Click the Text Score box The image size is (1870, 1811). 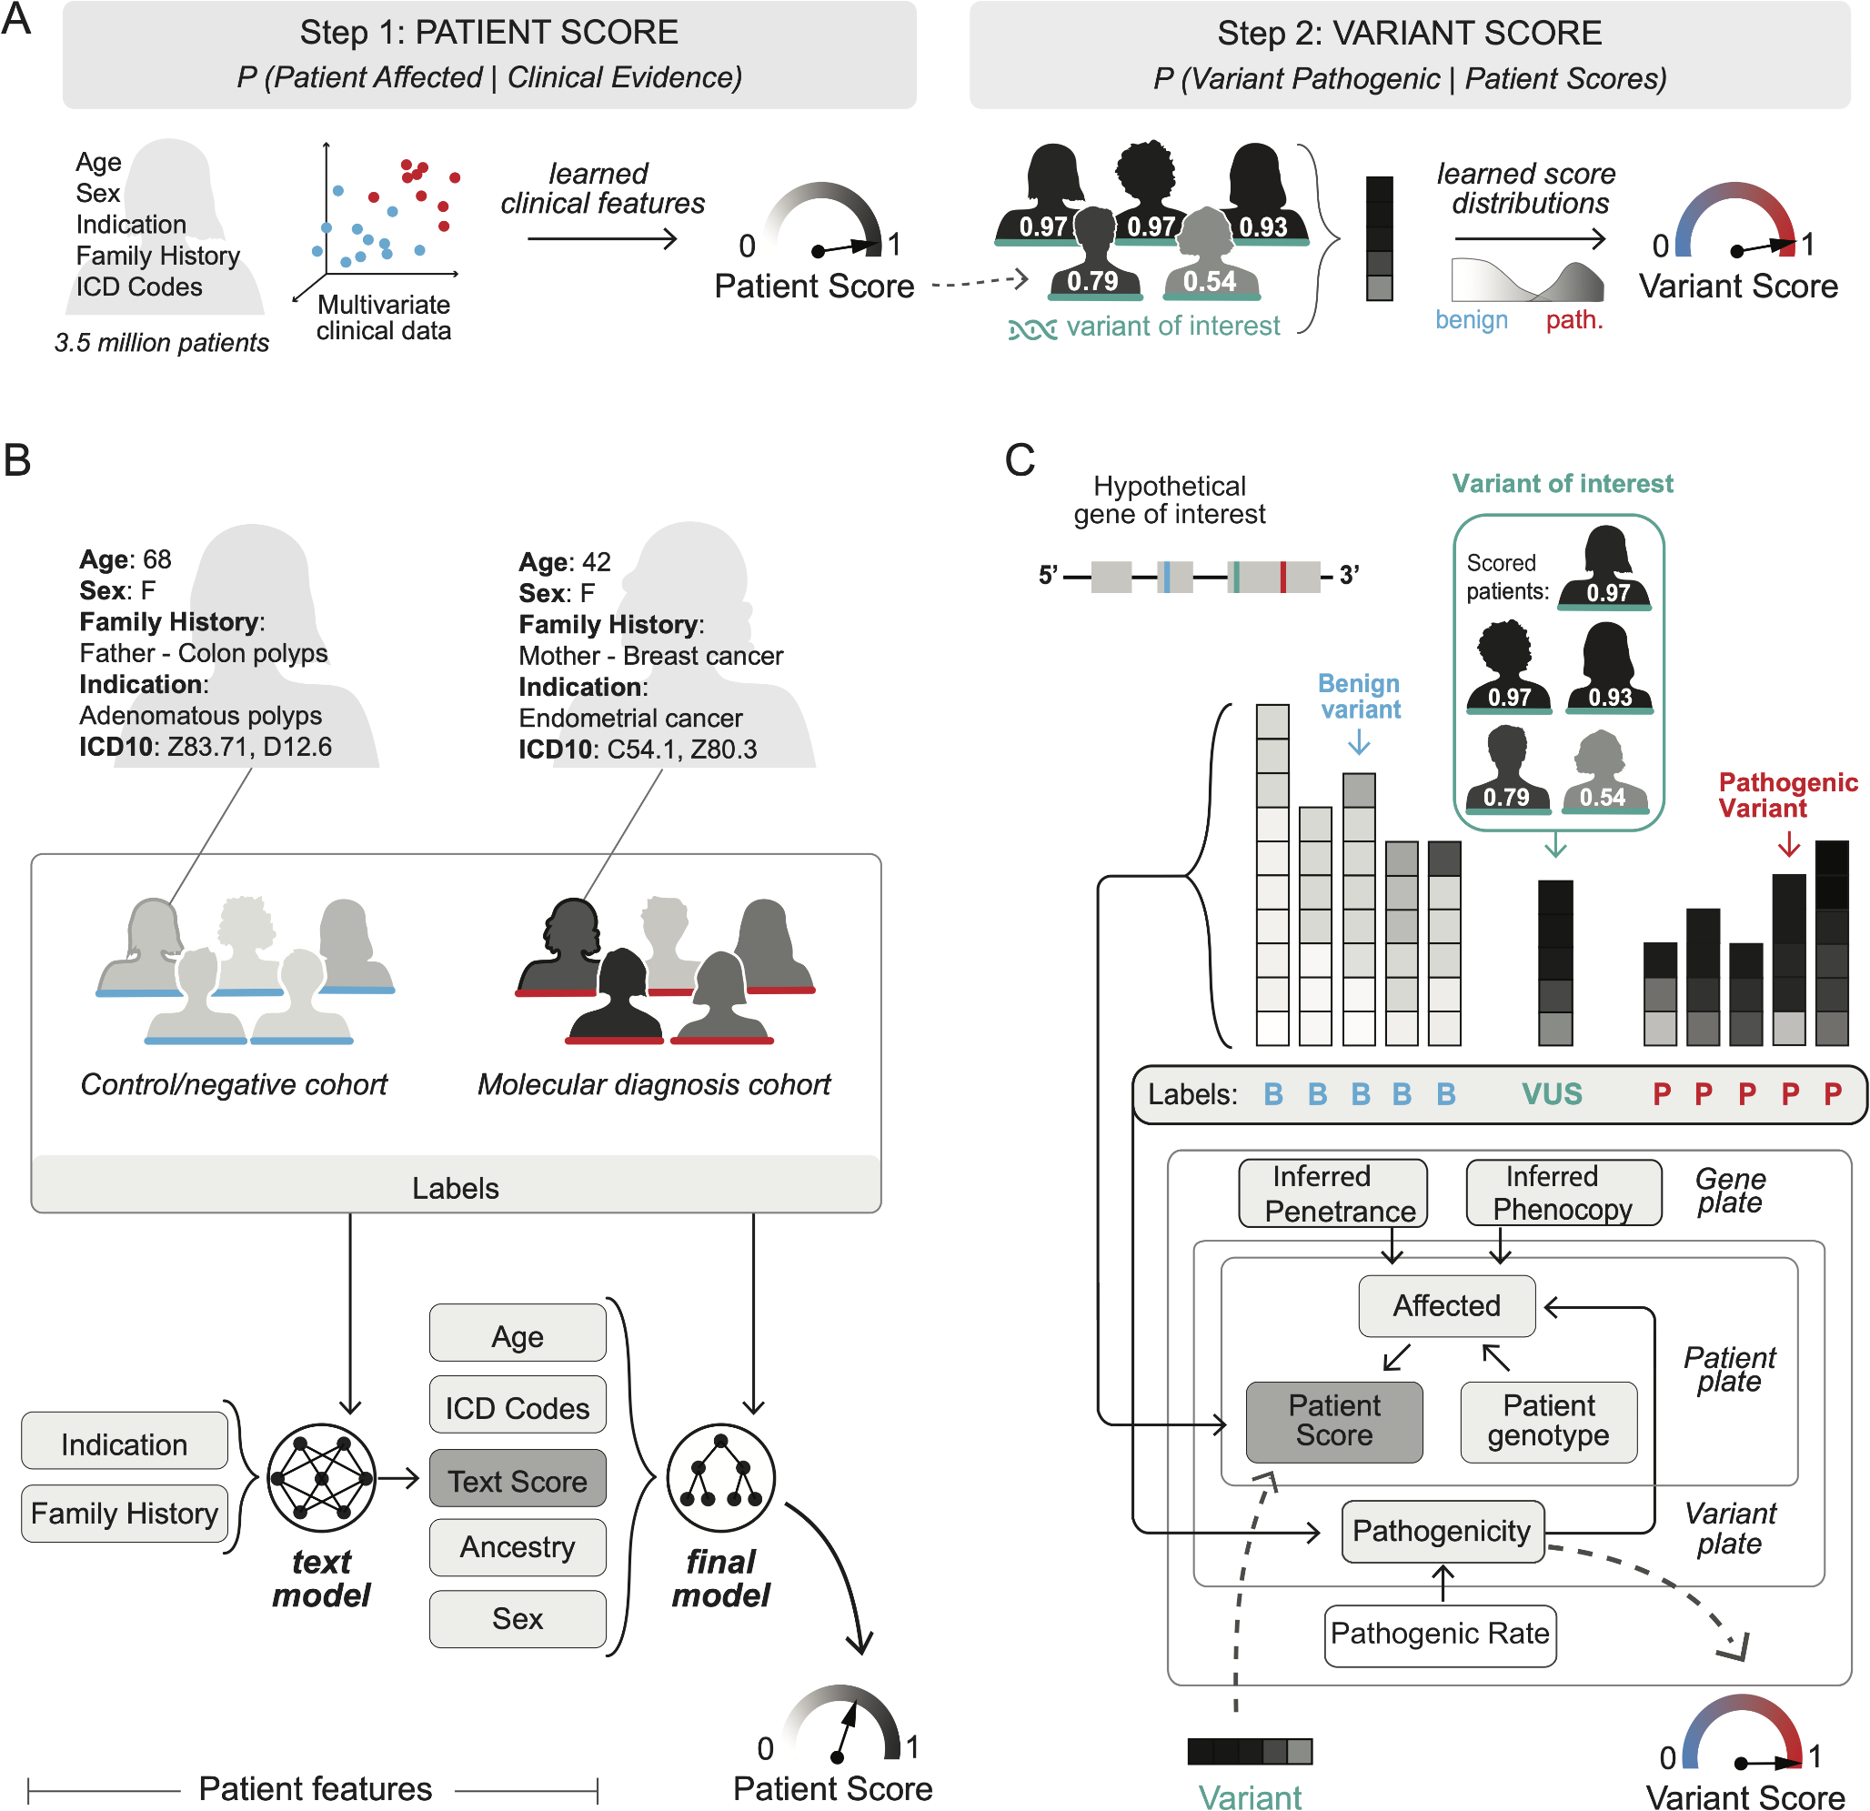pyautogui.click(x=518, y=1480)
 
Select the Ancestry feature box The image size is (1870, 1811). pyautogui.click(x=518, y=1546)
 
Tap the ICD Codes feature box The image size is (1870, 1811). pyautogui.click(x=518, y=1407)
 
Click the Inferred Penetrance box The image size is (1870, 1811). pyautogui.click(x=1332, y=1192)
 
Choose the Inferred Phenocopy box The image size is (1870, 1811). pyautogui.click(x=1563, y=1192)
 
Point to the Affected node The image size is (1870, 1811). pyautogui.click(x=1446, y=1305)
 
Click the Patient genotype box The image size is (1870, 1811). pyautogui.click(x=1547, y=1421)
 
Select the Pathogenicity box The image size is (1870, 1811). pyautogui.click(x=1442, y=1531)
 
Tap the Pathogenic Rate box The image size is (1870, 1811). pyautogui.click(x=1440, y=1634)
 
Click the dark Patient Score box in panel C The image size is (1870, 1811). pyautogui.click(x=1333, y=1421)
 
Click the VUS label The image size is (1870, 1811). pyautogui.click(x=1552, y=1093)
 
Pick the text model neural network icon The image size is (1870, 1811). pyautogui.click(x=322, y=1478)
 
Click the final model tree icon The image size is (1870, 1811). pyautogui.click(x=720, y=1478)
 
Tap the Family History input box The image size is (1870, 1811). pyautogui.click(x=124, y=1514)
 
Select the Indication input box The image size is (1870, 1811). pyautogui.click(x=124, y=1444)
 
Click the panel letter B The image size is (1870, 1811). pyautogui.click(x=17, y=460)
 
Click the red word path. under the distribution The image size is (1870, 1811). pyautogui.click(x=1574, y=320)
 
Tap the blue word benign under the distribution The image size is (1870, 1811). pyautogui.click(x=1472, y=320)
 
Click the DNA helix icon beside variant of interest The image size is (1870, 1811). pyautogui.click(x=1032, y=329)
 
